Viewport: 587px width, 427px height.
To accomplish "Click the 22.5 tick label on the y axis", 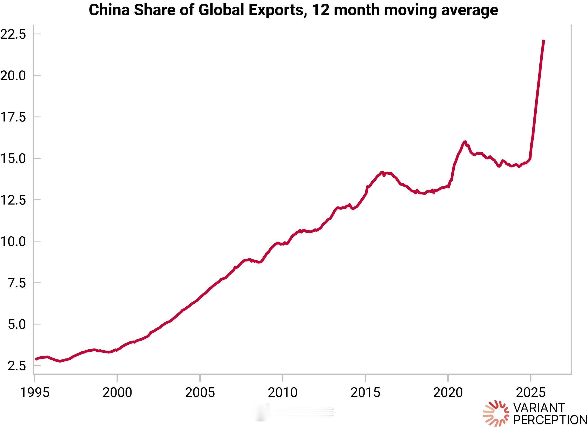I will (x=13, y=34).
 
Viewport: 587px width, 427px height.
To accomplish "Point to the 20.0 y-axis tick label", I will (x=13, y=76).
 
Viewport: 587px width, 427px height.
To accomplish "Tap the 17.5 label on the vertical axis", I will (x=13, y=117).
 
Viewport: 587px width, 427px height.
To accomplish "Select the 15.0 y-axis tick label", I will (x=13, y=158).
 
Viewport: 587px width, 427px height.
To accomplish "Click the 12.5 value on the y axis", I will (x=13, y=200).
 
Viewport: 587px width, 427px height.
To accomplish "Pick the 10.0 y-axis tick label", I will (x=13, y=241).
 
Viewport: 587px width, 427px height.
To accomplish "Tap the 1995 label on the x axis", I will (x=35, y=393).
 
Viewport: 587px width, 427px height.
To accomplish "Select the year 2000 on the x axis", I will (x=117, y=393).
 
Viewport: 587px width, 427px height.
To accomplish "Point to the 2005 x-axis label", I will (x=200, y=393).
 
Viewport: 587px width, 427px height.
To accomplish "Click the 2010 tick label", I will (x=283, y=393).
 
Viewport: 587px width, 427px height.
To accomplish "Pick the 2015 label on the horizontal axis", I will (x=365, y=393).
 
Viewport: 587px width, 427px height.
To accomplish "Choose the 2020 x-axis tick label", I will (x=448, y=393).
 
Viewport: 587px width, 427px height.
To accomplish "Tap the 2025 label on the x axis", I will (x=531, y=393).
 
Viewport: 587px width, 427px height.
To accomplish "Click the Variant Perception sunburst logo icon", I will (x=496, y=414).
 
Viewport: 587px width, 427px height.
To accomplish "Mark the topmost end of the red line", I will (x=544, y=40).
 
